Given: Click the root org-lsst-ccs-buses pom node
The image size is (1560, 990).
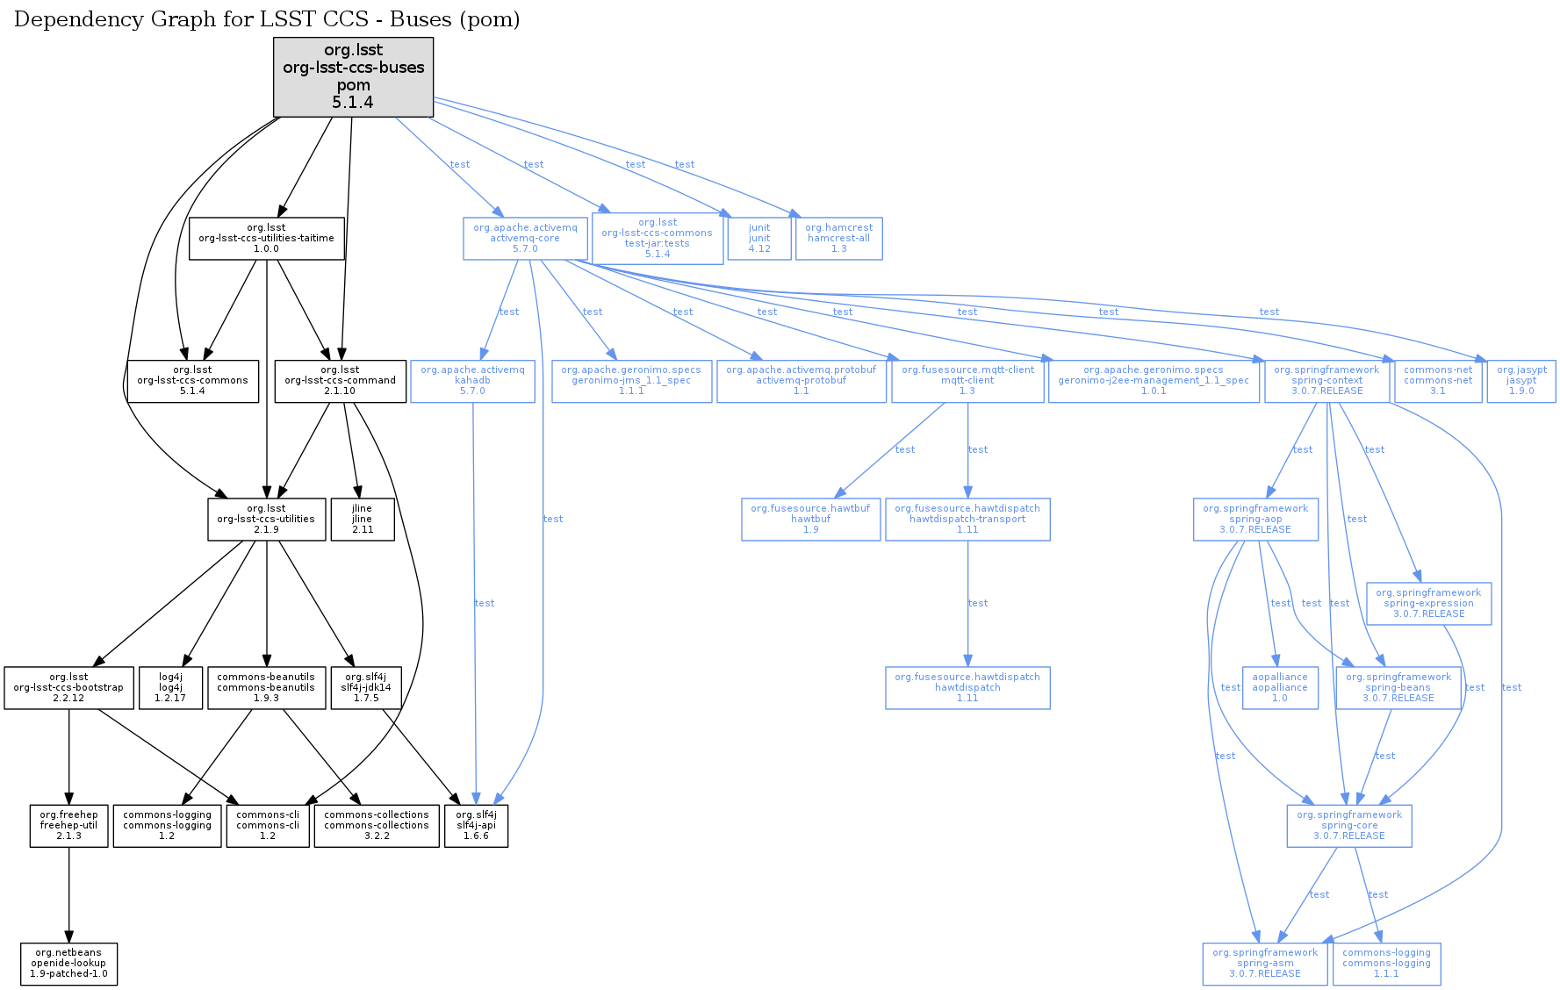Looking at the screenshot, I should tap(353, 76).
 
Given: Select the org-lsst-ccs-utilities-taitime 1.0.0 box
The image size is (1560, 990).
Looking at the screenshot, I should tap(266, 239).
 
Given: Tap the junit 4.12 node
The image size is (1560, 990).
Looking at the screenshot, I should tap(759, 239).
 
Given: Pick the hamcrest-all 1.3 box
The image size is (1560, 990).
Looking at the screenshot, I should tap(838, 239).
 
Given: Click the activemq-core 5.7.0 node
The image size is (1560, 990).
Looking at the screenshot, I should tap(525, 239).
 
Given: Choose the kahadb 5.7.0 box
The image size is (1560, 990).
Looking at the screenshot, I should tap(472, 381).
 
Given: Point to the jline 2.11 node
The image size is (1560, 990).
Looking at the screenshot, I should tap(362, 520).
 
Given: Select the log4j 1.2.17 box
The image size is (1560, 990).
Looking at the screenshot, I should tap(170, 688).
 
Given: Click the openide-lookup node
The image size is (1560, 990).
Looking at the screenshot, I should tap(68, 964).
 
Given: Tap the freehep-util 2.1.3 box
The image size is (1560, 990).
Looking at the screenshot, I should tap(68, 826).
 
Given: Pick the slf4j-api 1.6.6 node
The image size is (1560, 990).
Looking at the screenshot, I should tap(476, 826).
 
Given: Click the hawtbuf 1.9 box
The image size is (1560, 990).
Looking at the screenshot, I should tap(810, 520).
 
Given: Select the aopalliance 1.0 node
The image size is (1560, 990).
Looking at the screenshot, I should tap(1279, 688).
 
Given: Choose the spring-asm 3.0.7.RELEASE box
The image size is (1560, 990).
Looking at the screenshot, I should tap(1264, 964).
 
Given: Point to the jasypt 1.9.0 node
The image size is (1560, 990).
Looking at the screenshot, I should tap(1520, 381).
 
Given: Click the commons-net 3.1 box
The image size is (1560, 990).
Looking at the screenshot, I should tap(1438, 381).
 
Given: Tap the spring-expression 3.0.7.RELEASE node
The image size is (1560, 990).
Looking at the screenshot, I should tap(1428, 604).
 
